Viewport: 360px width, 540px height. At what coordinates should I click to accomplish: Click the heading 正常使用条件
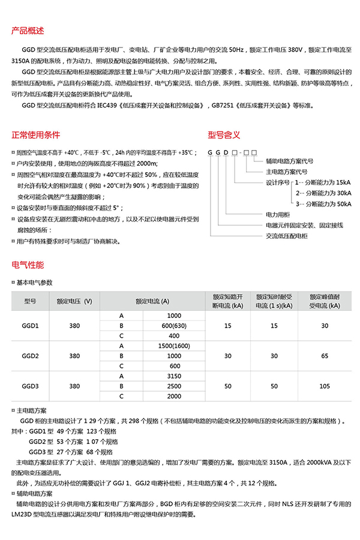[x=36, y=134]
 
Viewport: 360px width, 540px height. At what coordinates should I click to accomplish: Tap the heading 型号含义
[x=224, y=134]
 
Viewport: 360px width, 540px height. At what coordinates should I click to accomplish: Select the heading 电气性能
[x=28, y=265]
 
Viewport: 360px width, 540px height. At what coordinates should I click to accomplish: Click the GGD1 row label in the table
[x=30, y=326]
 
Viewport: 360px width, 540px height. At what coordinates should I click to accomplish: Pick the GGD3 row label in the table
[x=30, y=386]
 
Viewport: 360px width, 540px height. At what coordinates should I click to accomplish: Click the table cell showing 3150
[x=174, y=376]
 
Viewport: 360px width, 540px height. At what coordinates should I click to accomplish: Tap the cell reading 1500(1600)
[x=174, y=346]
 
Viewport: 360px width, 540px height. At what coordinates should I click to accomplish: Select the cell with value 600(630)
[x=174, y=326]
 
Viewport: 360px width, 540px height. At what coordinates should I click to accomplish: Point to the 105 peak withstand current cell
[x=325, y=386]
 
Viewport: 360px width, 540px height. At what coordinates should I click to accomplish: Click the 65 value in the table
[x=325, y=356]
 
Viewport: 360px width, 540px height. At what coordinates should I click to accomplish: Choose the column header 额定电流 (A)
[x=152, y=301]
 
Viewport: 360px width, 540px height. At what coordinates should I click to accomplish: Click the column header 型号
[x=30, y=301]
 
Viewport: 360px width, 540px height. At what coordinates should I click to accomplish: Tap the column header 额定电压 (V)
[x=74, y=301]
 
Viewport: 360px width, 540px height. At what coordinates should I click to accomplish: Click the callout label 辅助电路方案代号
[x=289, y=161]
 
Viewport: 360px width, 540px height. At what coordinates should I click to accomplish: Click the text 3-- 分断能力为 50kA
[x=323, y=204]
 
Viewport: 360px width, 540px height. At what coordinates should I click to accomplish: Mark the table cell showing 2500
[x=174, y=386]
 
